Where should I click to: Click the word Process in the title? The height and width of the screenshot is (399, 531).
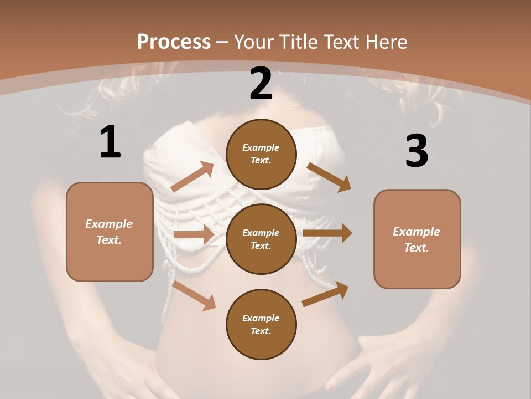174,42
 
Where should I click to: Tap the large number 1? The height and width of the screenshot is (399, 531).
110,142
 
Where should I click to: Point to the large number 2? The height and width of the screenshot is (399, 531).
261,84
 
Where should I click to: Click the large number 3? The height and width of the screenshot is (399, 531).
417,151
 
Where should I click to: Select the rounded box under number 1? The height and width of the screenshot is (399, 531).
110,232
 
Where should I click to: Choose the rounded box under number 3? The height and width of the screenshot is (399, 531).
417,239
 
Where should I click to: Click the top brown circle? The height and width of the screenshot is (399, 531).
261,154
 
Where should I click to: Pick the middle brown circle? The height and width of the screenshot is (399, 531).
261,239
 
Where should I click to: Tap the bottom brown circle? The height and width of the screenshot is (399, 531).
261,324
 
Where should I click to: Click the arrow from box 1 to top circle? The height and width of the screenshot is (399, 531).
192,177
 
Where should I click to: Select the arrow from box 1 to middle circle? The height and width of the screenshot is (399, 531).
194,234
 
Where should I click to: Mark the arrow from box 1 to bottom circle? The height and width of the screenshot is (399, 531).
194,295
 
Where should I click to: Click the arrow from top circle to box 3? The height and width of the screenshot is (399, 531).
329,177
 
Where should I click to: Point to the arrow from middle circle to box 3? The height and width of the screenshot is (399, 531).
327,233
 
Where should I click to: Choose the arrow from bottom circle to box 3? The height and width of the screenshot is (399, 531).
326,294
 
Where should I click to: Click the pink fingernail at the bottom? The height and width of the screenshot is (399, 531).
330,386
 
